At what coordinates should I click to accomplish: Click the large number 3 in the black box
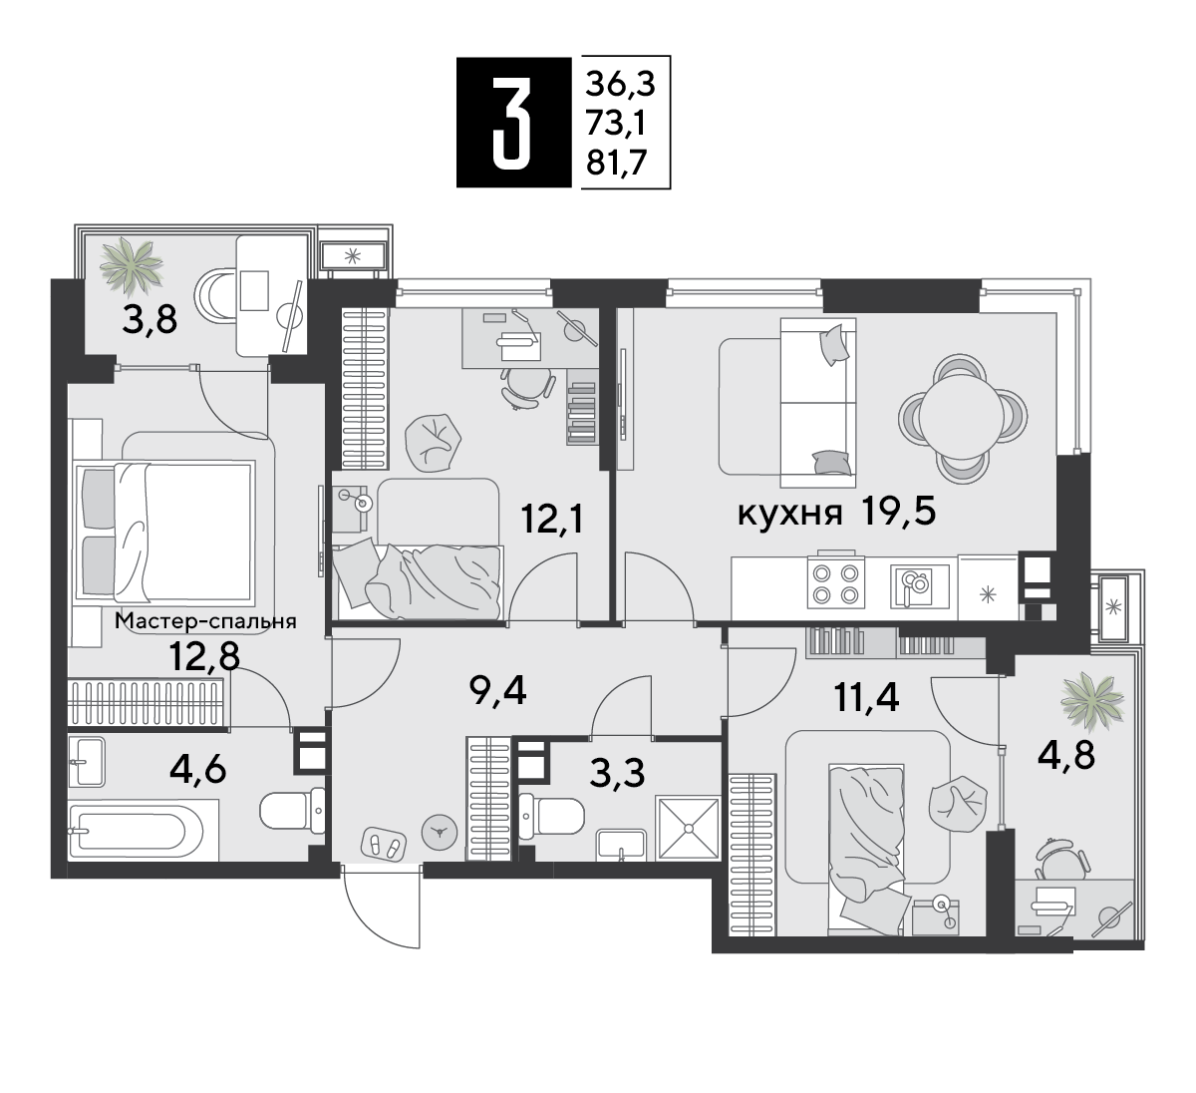tap(512, 123)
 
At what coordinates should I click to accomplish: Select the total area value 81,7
tap(617, 163)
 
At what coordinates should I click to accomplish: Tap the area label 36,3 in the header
tap(620, 84)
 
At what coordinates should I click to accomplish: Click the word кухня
tap(790, 513)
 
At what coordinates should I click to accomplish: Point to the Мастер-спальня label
tap(205, 621)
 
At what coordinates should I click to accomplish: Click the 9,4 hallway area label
tap(498, 692)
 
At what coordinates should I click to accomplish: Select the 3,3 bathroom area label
tap(617, 773)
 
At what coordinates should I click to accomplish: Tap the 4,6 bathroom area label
tap(198, 770)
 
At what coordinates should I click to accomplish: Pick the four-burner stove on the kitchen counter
tap(836, 582)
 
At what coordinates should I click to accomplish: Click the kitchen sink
tap(919, 586)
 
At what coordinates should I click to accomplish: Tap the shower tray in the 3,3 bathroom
tap(688, 828)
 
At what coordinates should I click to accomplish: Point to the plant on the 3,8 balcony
tap(131, 265)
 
